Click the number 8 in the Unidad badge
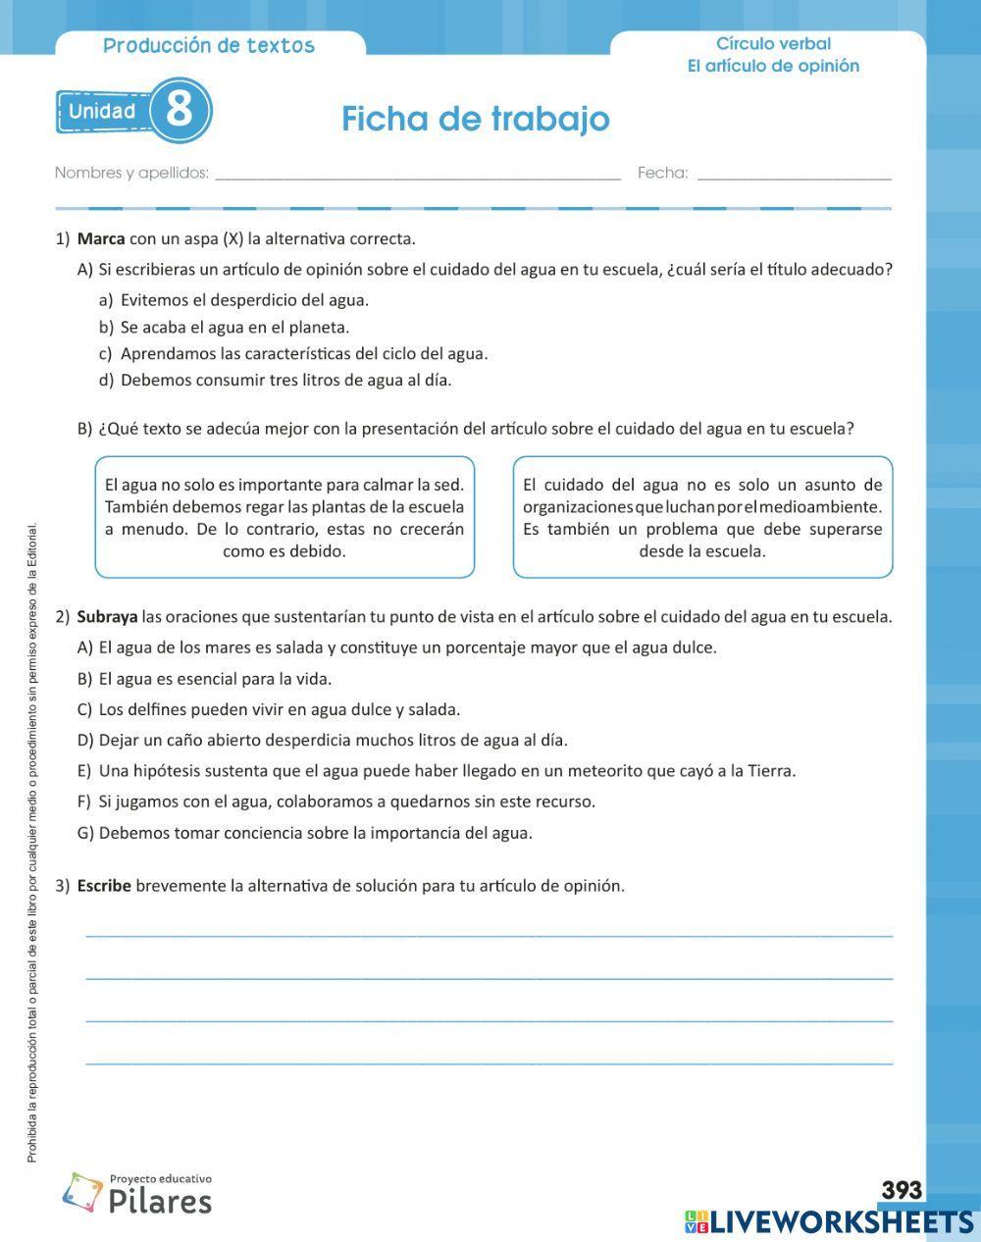pos(180,110)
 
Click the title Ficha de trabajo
pos(476,119)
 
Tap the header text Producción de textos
pos(209,45)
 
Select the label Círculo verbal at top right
pos(773,43)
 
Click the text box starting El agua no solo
pos(284,517)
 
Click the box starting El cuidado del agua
pos(702,517)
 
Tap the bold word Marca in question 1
pos(100,238)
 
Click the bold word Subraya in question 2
pos(107,617)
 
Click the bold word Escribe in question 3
pos(103,886)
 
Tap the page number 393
pos(901,1190)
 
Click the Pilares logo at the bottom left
pos(137,1194)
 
